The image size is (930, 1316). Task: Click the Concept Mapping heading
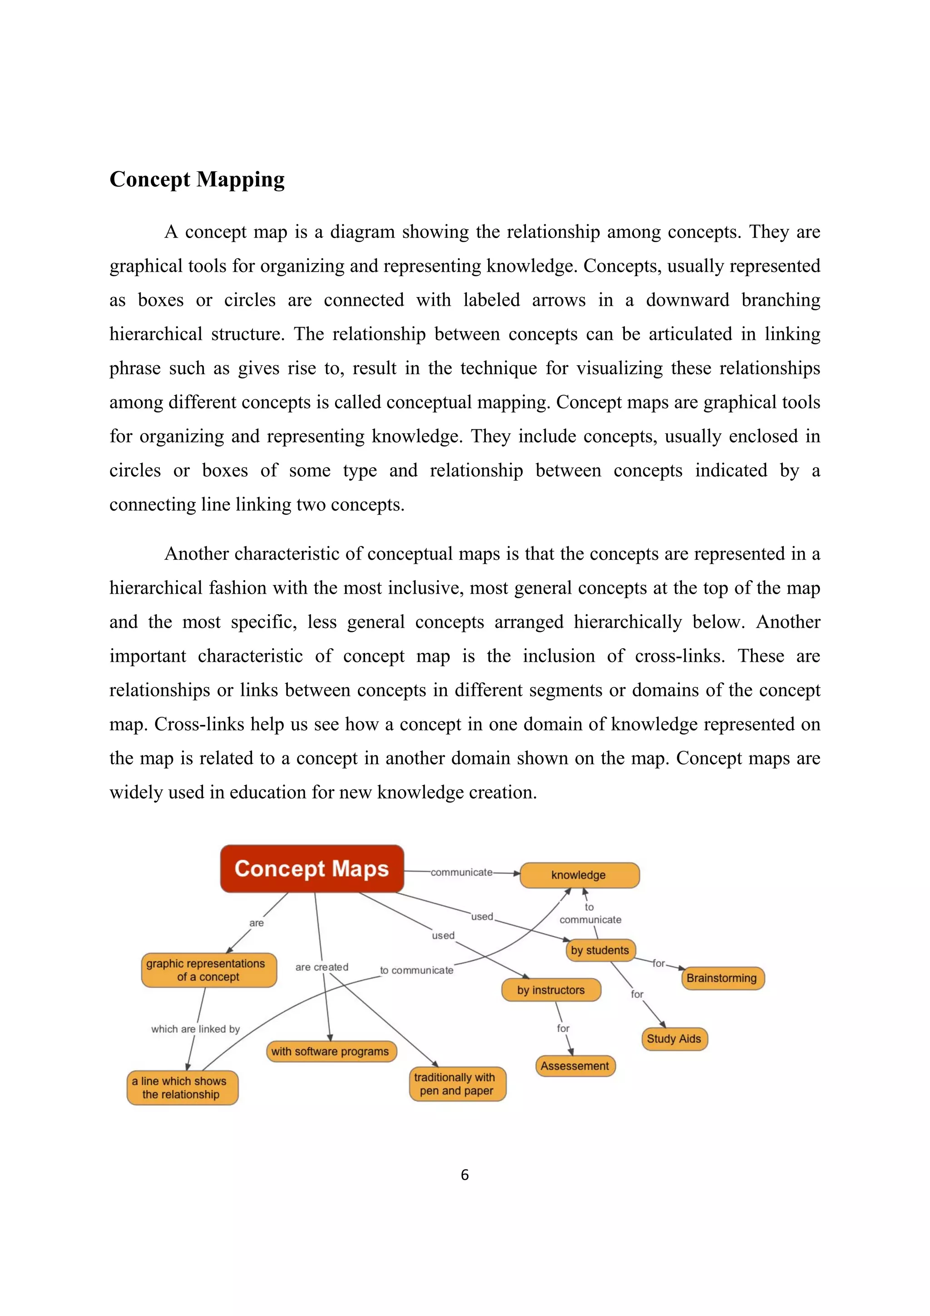pyautogui.click(x=197, y=179)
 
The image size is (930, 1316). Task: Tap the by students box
pyautogui.click(x=599, y=950)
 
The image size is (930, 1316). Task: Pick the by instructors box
pyautogui.click(x=551, y=990)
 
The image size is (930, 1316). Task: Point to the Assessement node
pyautogui.click(x=575, y=1066)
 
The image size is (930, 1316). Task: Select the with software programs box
pyautogui.click(x=331, y=1051)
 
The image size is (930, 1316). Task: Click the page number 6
pyautogui.click(x=465, y=1175)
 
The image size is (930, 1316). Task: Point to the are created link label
pyautogui.click(x=322, y=967)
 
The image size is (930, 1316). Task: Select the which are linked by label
pyautogui.click(x=195, y=1029)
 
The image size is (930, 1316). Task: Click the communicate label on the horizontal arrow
pyautogui.click(x=461, y=872)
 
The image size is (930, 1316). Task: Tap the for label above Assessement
pyautogui.click(x=563, y=1028)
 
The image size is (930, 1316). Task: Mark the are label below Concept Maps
pyautogui.click(x=256, y=923)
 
